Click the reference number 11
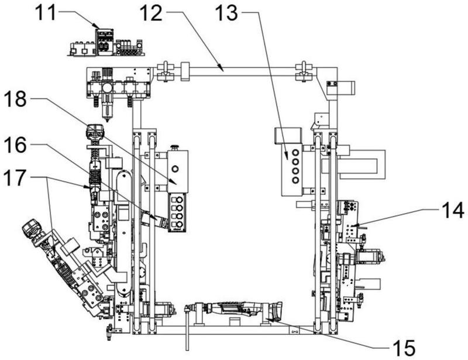pos(46,13)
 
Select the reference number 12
pos(152,13)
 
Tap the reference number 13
pos(226,13)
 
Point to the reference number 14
pos(453,210)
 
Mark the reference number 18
pos(15,99)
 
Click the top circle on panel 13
pos(295,153)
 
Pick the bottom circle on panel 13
pos(295,180)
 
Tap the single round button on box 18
pos(175,169)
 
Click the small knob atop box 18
pos(174,147)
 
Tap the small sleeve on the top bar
pos(185,71)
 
